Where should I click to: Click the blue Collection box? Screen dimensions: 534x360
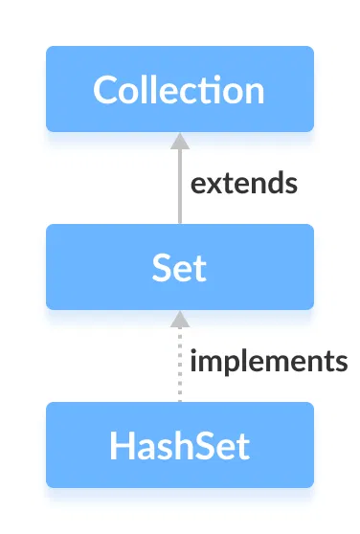click(179, 89)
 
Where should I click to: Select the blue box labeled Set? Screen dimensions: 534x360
click(179, 267)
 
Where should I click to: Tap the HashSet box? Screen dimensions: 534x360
click(179, 445)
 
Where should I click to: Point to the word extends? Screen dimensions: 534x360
click(243, 183)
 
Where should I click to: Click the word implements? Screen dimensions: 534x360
click(268, 362)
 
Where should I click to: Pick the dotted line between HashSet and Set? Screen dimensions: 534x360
click(179, 368)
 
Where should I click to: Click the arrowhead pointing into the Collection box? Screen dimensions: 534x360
click(179, 141)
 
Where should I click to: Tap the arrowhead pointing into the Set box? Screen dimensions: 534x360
click(179, 319)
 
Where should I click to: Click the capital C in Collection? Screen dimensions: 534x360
click(106, 90)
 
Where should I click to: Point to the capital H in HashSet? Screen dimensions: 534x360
click(121, 446)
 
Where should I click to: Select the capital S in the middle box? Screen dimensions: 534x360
click(163, 268)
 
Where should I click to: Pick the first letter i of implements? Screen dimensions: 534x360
click(194, 361)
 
